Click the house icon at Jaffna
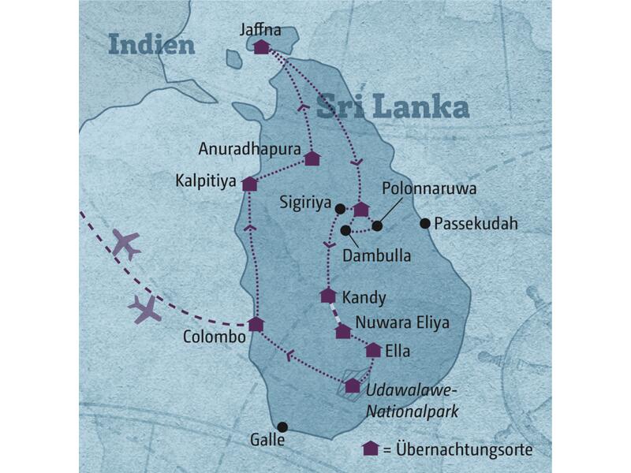pos(262,47)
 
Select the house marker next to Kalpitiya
pos(250,184)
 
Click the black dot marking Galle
pos(282,427)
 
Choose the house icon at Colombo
pos(256,324)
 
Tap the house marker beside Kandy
pos(328,296)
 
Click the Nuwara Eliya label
pos(401,322)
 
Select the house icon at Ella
pos(373,349)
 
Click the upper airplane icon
pos(125,244)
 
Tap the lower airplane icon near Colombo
pos(147,308)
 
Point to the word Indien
pos(151,44)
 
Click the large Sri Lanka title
pos(392,107)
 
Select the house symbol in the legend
pos(370,449)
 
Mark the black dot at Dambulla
pos(345,230)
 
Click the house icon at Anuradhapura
pos(312,158)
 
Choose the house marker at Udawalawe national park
pos(352,385)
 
